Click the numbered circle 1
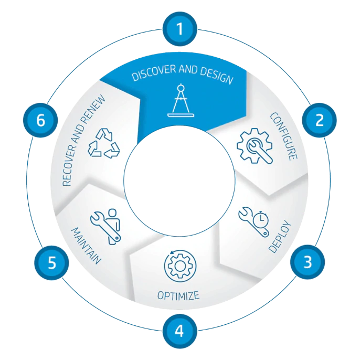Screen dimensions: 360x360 180,29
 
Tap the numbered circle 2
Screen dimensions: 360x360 319,120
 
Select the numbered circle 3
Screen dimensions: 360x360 308,262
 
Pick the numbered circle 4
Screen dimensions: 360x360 180,331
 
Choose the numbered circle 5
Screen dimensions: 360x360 51,262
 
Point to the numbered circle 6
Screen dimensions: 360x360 40,120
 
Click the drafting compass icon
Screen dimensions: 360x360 181,100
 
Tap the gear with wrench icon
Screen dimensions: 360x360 255,146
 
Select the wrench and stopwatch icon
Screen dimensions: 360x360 253,221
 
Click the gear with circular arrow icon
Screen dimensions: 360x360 180,266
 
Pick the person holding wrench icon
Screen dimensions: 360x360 106,227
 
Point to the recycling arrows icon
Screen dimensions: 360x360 104,143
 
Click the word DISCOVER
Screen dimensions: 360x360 154,73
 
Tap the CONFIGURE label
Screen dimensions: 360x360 284,136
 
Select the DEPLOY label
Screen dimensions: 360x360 280,237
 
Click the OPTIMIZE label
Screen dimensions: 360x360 178,295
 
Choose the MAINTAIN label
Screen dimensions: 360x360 86,246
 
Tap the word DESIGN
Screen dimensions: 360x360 217,75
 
